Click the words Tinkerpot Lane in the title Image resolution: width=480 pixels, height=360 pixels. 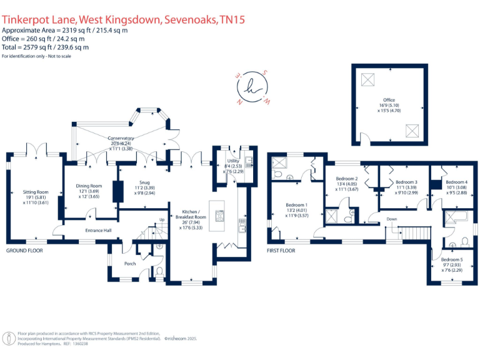(x=37, y=20)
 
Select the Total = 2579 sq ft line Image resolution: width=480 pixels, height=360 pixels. (x=45, y=47)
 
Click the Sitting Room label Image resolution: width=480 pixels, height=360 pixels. (x=36, y=192)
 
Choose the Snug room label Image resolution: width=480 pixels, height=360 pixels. (x=144, y=182)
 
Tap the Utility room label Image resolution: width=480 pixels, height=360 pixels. (x=233, y=161)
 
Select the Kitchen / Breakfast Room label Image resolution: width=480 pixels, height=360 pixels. (x=192, y=215)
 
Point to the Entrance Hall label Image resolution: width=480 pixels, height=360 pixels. (x=98, y=231)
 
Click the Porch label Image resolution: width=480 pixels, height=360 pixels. (x=129, y=263)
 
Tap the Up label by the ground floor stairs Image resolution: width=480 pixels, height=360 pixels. (x=162, y=219)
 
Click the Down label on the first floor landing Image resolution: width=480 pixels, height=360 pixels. (x=392, y=219)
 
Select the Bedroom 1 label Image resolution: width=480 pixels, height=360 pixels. (x=296, y=205)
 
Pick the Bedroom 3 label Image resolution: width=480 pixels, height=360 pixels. (x=406, y=182)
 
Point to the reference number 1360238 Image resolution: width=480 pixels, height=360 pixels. (x=81, y=344)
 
